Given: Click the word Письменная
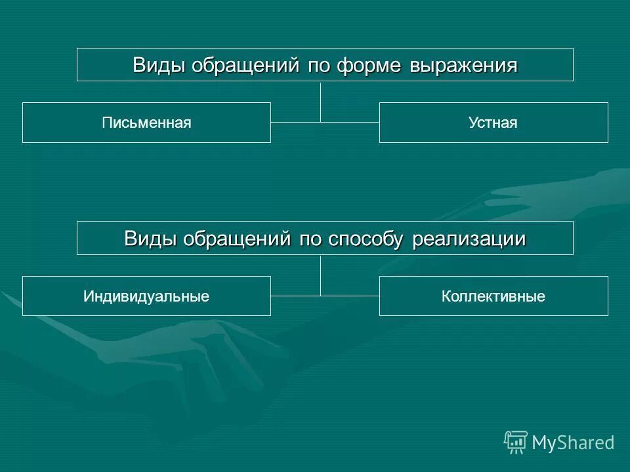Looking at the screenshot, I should pos(146,123).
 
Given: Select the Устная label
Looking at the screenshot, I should pos(493,123).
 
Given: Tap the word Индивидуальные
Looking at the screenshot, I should pos(146,296).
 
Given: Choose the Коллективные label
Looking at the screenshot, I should pos(493,296).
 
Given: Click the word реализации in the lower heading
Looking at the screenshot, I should pos(469,239).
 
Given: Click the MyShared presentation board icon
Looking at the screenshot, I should pos(516,442).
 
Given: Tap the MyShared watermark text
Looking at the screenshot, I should pos(573,442).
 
